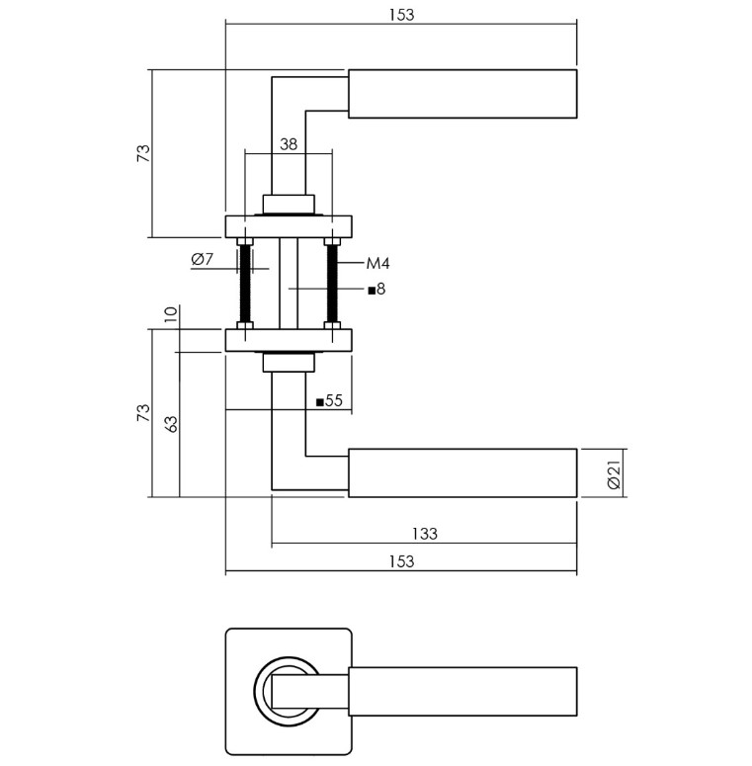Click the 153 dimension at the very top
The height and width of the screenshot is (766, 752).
[x=401, y=14]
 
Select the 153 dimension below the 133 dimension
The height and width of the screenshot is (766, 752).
[x=401, y=561]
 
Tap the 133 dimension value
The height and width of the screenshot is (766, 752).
[x=424, y=534]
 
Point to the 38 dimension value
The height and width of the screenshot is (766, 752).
[x=288, y=144]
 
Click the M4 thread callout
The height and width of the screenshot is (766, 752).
[x=378, y=263]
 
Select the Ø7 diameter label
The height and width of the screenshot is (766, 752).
[x=201, y=260]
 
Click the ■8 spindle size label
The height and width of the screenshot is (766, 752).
[x=376, y=290]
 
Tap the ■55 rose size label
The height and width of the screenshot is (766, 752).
[x=328, y=401]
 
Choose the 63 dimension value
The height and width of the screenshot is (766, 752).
[x=171, y=423]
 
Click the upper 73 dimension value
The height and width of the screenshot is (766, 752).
[x=143, y=153]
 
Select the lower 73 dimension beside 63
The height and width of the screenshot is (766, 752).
[x=143, y=413]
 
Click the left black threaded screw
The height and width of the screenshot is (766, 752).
[x=245, y=283]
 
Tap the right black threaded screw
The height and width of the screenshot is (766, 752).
[x=333, y=283]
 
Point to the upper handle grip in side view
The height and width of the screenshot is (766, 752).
[x=462, y=94]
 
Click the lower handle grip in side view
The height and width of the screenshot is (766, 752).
[x=462, y=472]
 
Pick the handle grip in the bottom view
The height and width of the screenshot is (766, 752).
[x=462, y=690]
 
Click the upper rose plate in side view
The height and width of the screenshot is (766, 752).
[x=289, y=226]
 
